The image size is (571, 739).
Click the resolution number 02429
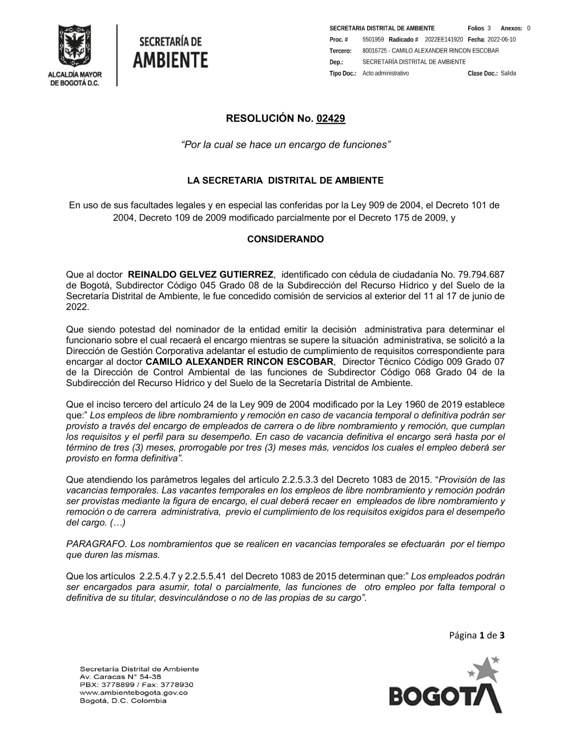(331, 119)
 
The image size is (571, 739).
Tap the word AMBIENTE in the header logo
(171, 59)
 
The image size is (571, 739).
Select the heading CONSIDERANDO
(285, 239)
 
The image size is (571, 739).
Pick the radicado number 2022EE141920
(444, 39)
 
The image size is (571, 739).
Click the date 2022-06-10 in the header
(501, 39)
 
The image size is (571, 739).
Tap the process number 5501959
(373, 39)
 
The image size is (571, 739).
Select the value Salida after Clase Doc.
(508, 73)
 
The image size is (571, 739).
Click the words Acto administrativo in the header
(385, 73)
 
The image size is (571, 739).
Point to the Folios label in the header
(476, 28)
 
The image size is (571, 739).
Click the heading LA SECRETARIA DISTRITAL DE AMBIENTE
(285, 180)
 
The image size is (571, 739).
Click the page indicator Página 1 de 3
(477, 635)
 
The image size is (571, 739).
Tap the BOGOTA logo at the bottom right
(445, 688)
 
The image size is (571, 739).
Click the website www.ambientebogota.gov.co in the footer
(134, 692)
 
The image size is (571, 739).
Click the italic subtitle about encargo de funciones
(285, 145)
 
